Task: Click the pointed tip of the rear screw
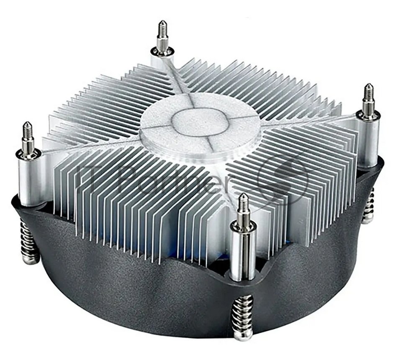pos(161,22)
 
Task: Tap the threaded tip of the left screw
pos(26,123)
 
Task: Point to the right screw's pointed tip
pos(368,85)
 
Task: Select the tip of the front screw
pos(243,195)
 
